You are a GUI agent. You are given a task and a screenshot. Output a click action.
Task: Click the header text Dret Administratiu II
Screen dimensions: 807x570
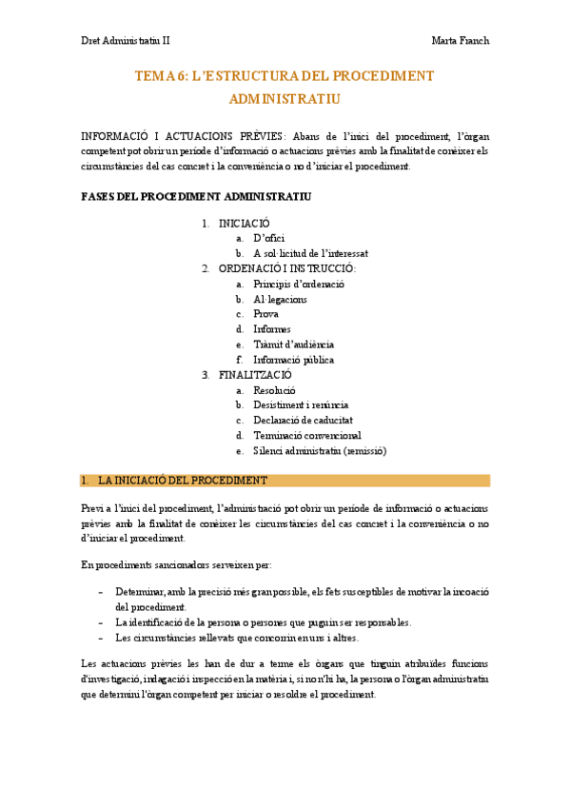(125, 41)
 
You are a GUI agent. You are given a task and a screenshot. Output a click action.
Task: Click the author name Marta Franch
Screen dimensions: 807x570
(461, 41)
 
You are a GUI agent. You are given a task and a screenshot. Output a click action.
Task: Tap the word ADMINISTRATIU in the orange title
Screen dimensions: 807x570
(285, 98)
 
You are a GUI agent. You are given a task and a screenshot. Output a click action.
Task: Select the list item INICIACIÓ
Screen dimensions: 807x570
(245, 223)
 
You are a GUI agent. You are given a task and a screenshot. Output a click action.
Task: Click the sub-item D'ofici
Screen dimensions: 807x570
(268, 238)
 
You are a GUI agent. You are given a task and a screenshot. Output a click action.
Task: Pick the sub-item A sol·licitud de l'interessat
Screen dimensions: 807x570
(310, 253)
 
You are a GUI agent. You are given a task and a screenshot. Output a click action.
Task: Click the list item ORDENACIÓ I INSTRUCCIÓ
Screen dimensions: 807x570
(287, 268)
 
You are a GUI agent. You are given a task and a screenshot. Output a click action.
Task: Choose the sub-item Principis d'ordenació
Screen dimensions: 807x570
(299, 284)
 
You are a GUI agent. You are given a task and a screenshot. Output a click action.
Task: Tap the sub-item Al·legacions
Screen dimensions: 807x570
(280, 299)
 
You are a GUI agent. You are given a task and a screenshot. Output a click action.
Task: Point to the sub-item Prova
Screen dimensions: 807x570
(266, 314)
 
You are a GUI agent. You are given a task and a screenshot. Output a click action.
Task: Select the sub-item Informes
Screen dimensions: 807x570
(272, 329)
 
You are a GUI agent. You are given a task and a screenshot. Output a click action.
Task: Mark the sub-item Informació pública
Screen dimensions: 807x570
(293, 360)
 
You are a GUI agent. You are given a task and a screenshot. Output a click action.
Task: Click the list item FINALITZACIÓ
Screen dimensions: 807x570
(255, 375)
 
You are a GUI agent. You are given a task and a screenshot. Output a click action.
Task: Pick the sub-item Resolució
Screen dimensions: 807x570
(274, 390)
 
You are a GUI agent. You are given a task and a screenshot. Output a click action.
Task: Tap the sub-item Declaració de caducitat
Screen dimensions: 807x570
(303, 421)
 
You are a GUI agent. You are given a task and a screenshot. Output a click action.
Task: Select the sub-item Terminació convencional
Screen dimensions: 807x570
(306, 436)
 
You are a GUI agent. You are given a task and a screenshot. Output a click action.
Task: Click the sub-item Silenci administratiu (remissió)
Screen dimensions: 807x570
(320, 451)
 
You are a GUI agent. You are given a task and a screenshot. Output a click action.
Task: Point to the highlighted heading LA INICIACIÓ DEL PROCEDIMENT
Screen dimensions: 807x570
(183, 481)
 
